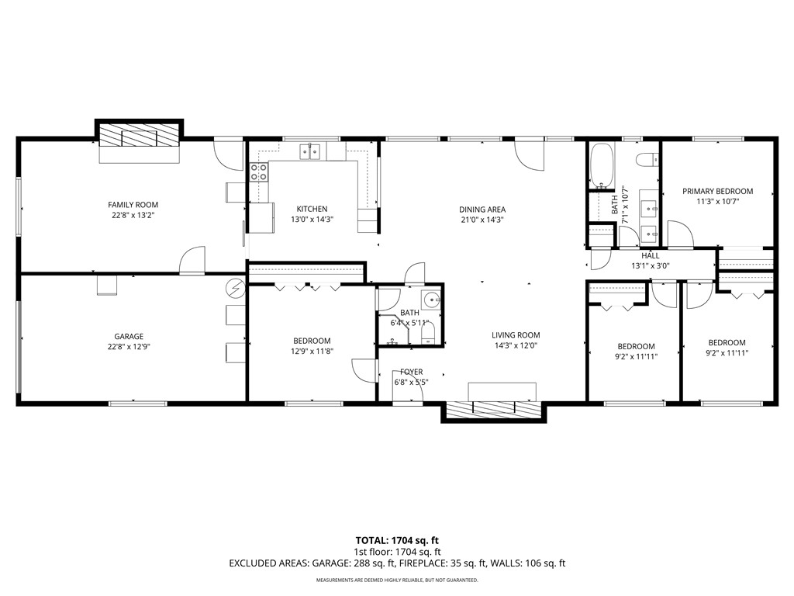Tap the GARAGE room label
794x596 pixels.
(128, 337)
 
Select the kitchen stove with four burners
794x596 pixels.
(259, 172)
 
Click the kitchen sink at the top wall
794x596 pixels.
(312, 151)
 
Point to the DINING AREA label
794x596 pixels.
(482, 210)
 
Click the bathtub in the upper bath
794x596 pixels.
(602, 166)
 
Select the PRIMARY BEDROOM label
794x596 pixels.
(717, 192)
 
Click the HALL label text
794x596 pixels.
(650, 255)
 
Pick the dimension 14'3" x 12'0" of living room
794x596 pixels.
(515, 346)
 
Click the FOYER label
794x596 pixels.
(411, 372)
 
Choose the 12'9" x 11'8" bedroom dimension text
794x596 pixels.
(312, 352)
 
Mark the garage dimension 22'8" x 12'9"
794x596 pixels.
(128, 347)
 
